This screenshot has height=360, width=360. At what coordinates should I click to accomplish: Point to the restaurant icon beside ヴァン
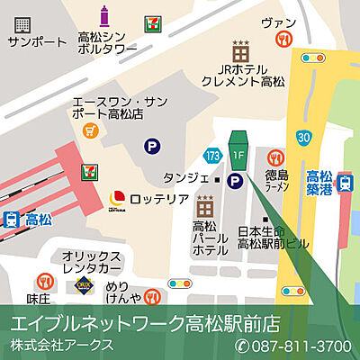(285, 39)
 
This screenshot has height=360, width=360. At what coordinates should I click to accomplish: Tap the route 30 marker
(306, 136)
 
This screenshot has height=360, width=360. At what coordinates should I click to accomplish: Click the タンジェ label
(180, 179)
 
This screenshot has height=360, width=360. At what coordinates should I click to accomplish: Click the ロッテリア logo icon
(115, 197)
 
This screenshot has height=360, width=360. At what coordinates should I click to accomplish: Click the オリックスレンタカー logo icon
(82, 287)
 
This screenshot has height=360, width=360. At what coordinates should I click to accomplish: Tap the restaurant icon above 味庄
(42, 282)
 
